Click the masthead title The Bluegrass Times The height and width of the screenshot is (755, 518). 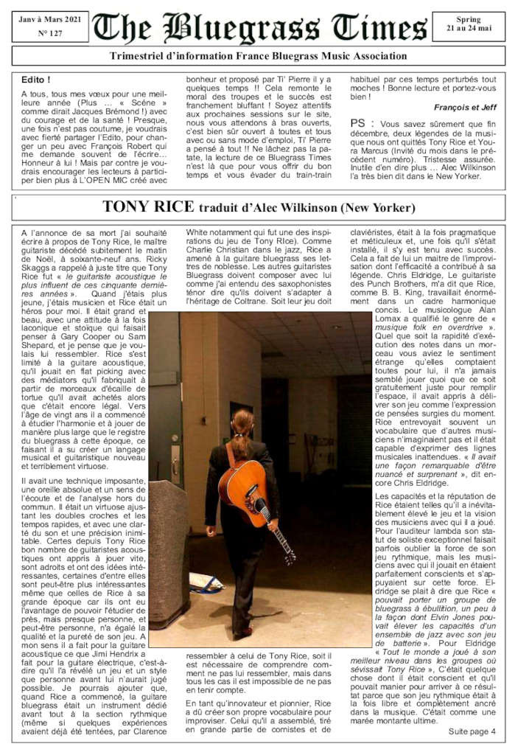[261, 28]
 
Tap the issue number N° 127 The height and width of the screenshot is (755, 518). [50, 33]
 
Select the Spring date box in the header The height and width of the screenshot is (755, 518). [468, 24]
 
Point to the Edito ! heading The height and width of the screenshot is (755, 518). [36, 79]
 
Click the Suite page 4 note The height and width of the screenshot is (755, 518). [472, 731]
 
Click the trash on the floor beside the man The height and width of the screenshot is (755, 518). [206, 582]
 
